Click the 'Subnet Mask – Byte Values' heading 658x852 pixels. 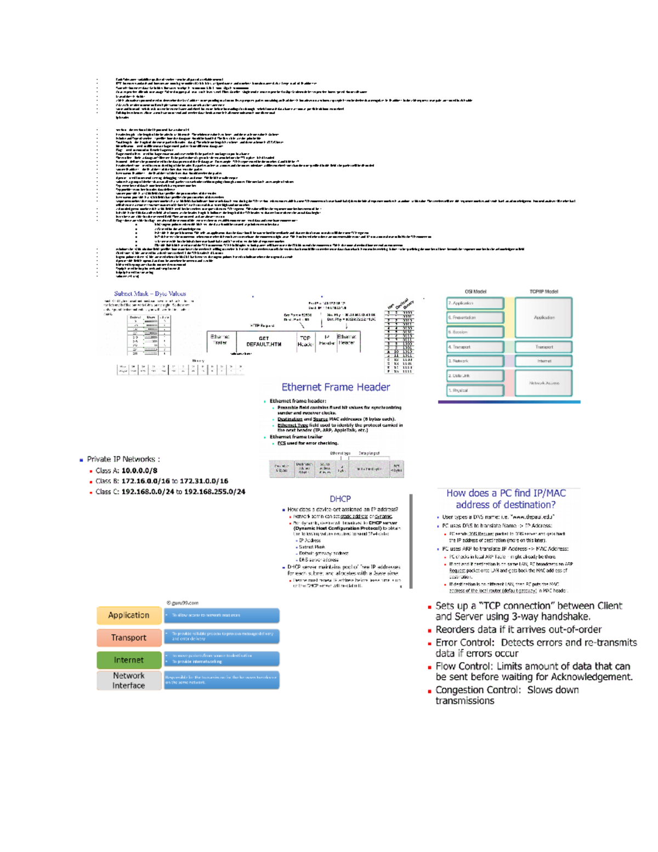[x=150, y=294]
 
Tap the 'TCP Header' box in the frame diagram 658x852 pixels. [x=305, y=341]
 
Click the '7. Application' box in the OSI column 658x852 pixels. [x=475, y=303]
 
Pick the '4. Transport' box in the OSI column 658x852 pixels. [x=475, y=347]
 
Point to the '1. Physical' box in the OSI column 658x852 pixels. [x=475, y=390]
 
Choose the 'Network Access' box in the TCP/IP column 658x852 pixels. [x=543, y=383]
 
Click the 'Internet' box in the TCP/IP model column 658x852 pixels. [x=543, y=361]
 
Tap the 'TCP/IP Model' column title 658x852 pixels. [x=543, y=291]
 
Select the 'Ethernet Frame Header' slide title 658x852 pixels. [x=336, y=387]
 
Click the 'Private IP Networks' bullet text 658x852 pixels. [x=123, y=459]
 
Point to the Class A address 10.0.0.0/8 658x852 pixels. [x=139, y=471]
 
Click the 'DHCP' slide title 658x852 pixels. [x=340, y=499]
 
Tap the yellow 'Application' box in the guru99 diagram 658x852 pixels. [x=129, y=616]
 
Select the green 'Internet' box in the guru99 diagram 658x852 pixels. [x=129, y=660]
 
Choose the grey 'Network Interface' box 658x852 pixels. [x=129, y=681]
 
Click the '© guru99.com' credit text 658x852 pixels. [x=182, y=602]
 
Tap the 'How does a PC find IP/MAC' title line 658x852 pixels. [x=506, y=493]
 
